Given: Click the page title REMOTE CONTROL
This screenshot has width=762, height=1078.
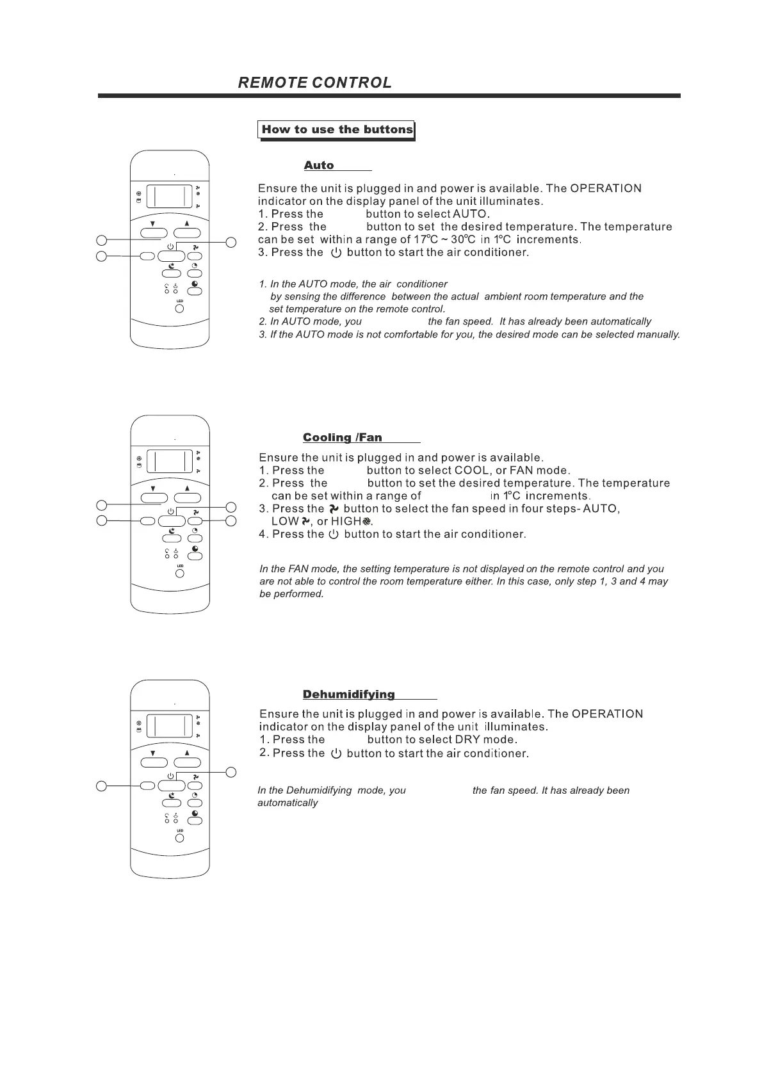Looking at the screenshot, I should click(314, 83).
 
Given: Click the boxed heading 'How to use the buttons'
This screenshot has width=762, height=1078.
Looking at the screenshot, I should click(337, 129).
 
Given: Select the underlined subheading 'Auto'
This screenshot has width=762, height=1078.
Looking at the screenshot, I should click(319, 165).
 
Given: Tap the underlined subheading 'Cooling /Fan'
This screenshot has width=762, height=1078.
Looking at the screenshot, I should click(342, 437).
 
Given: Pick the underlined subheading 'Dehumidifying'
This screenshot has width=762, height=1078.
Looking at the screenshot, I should click(348, 695).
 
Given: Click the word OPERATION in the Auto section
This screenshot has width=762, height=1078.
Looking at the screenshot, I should click(606, 188).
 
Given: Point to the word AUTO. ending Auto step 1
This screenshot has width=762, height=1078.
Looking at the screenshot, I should click(471, 214).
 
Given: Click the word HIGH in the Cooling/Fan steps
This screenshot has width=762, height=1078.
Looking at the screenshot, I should click(346, 522).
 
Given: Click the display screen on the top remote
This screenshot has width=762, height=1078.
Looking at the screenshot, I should click(170, 196).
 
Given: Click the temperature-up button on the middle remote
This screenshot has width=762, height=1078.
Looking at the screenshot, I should click(187, 497).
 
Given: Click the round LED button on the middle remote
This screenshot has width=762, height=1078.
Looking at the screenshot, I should click(180, 574).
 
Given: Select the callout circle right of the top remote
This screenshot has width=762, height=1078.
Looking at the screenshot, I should click(232, 241).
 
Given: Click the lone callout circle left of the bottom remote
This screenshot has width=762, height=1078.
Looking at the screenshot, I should click(101, 785).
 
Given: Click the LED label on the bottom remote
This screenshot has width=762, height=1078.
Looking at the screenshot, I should click(180, 831).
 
